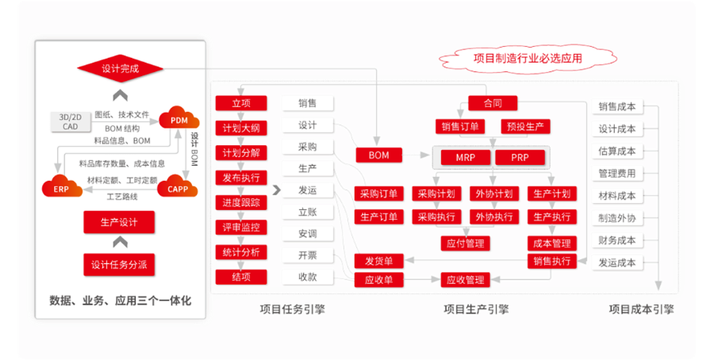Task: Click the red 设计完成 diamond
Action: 121,69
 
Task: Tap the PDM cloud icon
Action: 179,118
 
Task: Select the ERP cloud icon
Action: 62,187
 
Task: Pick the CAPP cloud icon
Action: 177,188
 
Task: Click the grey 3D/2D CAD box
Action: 70,121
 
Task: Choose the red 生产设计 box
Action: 120,222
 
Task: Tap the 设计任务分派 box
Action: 120,264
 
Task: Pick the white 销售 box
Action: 308,104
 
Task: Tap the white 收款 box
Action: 308,277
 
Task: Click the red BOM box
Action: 379,155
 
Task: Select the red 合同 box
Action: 492,103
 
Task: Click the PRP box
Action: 520,157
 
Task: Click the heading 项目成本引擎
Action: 641,309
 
